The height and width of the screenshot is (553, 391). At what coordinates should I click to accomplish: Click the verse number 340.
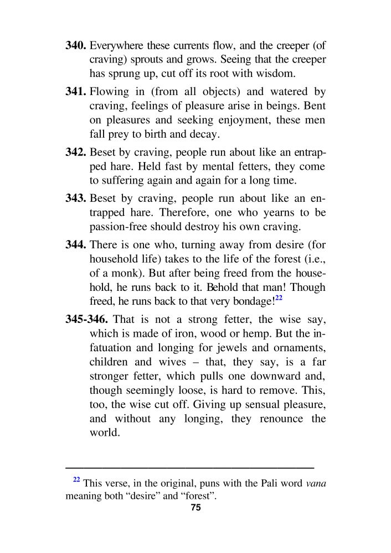pos(76,45)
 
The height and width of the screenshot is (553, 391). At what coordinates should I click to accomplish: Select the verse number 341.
pos(76,92)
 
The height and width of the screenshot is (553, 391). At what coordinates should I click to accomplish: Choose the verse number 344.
pos(76,244)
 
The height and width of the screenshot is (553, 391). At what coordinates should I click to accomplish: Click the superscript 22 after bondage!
pos(280,298)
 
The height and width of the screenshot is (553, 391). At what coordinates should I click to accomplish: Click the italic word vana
pos(316,483)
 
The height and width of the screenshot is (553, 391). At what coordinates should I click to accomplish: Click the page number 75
pos(195,508)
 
